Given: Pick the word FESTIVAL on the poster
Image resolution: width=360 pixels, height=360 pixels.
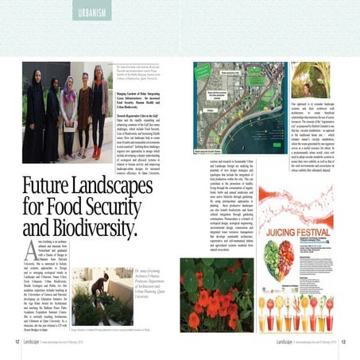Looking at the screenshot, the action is (312, 242).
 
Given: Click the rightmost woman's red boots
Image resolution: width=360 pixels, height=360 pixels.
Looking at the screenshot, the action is (98, 149).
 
